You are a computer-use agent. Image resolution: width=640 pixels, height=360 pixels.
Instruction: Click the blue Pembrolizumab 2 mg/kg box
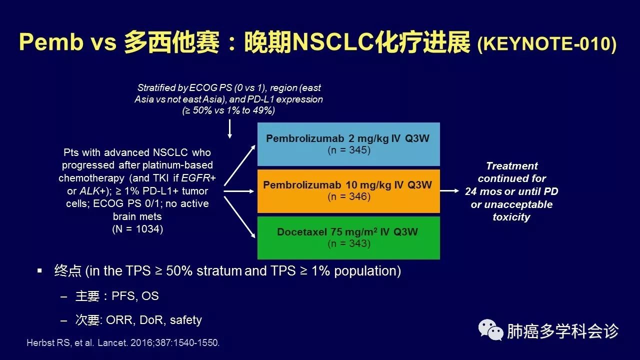tap(348, 144)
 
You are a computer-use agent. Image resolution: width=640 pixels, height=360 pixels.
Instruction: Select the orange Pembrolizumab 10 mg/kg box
tap(348, 191)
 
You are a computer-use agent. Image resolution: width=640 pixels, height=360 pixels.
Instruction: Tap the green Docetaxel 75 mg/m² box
tap(348, 237)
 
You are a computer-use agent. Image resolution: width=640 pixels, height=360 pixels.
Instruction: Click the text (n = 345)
tap(349, 150)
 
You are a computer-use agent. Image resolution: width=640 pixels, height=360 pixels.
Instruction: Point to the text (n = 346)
tap(349, 196)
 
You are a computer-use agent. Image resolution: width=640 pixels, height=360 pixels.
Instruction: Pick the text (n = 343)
tap(349, 243)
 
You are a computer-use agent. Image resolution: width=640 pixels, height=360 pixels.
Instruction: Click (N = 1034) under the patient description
tap(137, 229)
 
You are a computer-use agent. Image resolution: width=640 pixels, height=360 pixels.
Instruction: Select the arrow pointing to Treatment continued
tap(450, 190)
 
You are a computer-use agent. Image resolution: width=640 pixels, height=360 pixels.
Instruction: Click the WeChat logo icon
tap(490, 330)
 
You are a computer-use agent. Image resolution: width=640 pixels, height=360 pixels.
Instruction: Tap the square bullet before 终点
tap(40, 271)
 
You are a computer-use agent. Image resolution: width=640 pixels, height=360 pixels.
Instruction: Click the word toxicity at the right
tap(511, 217)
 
